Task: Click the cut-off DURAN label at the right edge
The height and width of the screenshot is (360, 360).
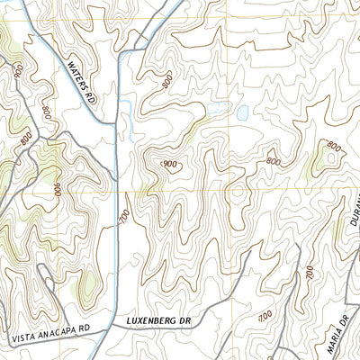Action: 354,217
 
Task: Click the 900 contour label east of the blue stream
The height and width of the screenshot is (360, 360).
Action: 168,164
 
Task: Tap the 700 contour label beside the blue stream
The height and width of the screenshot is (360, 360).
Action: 123,215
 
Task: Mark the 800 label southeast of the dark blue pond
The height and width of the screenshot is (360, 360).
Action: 273,161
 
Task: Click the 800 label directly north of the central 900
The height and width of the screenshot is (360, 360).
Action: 166,81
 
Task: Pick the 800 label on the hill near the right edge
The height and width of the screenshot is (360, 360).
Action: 334,146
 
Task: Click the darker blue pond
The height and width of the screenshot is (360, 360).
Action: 242,112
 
